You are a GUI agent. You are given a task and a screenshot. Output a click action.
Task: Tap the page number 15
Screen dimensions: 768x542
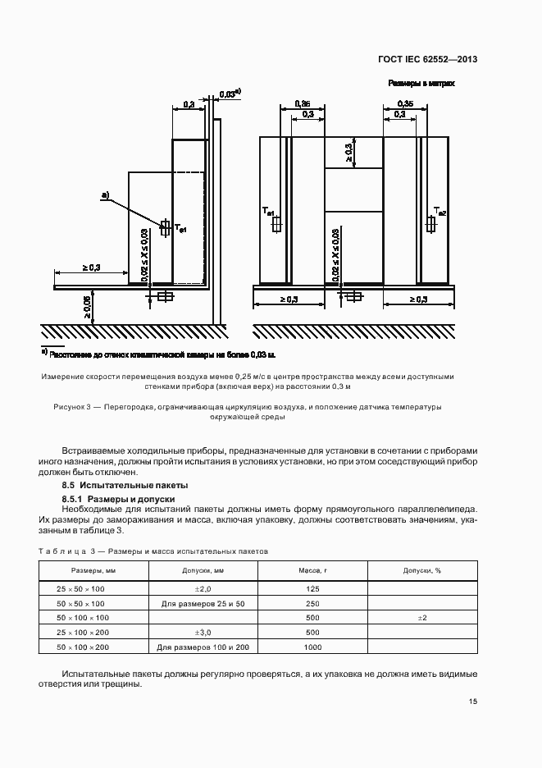[473, 702]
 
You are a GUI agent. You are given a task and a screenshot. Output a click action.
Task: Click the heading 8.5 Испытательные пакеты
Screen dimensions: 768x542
[115, 486]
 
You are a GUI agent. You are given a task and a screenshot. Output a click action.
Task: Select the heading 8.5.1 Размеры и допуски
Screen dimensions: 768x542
[118, 498]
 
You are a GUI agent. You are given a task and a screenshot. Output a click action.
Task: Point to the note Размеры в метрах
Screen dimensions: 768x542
[421, 84]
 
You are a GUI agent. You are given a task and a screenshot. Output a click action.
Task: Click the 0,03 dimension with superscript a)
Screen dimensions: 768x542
[230, 94]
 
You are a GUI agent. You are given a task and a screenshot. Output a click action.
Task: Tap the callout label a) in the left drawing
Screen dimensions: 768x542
[105, 194]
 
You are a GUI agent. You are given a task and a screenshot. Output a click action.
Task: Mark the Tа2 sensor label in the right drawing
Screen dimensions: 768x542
[440, 213]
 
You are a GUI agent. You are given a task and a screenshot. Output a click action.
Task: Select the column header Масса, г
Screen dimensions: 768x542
[312, 570]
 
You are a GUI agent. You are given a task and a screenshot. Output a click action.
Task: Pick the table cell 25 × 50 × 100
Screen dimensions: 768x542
[80, 589]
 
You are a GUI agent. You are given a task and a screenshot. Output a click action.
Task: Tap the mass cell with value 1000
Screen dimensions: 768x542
[312, 647]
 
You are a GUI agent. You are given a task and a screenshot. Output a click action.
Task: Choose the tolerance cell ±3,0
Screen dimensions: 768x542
[203, 633]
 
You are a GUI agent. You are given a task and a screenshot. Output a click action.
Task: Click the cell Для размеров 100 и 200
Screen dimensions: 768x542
[203, 647]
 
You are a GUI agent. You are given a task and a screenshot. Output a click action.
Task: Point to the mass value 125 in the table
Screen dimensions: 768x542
[312, 589]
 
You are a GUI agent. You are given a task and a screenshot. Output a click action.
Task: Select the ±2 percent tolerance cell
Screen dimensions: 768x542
[422, 618]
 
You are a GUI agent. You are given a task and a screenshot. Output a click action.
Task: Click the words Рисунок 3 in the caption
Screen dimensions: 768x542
[71, 406]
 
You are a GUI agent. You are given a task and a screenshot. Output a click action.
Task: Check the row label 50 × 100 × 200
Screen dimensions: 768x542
[80, 647]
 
